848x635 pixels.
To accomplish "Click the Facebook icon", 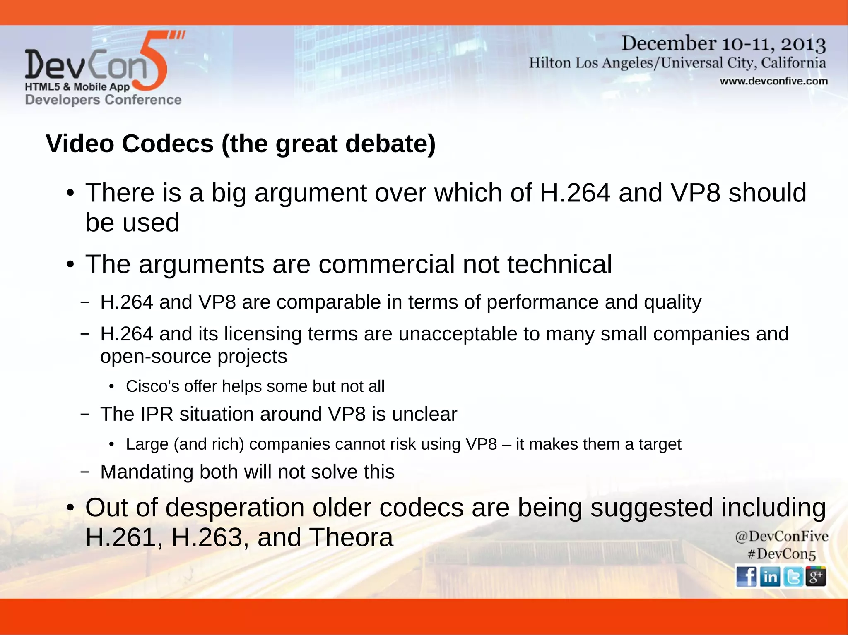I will tap(747, 576).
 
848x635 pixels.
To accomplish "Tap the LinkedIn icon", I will tap(770, 576).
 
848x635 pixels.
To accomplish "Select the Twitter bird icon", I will tap(793, 576).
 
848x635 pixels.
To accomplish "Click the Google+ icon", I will tap(816, 576).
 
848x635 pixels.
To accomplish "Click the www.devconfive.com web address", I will tap(773, 81).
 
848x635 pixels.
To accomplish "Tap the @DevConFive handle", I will tap(781, 536).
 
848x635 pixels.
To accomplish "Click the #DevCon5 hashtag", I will tap(781, 554).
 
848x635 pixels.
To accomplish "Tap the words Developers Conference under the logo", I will tap(103, 100).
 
